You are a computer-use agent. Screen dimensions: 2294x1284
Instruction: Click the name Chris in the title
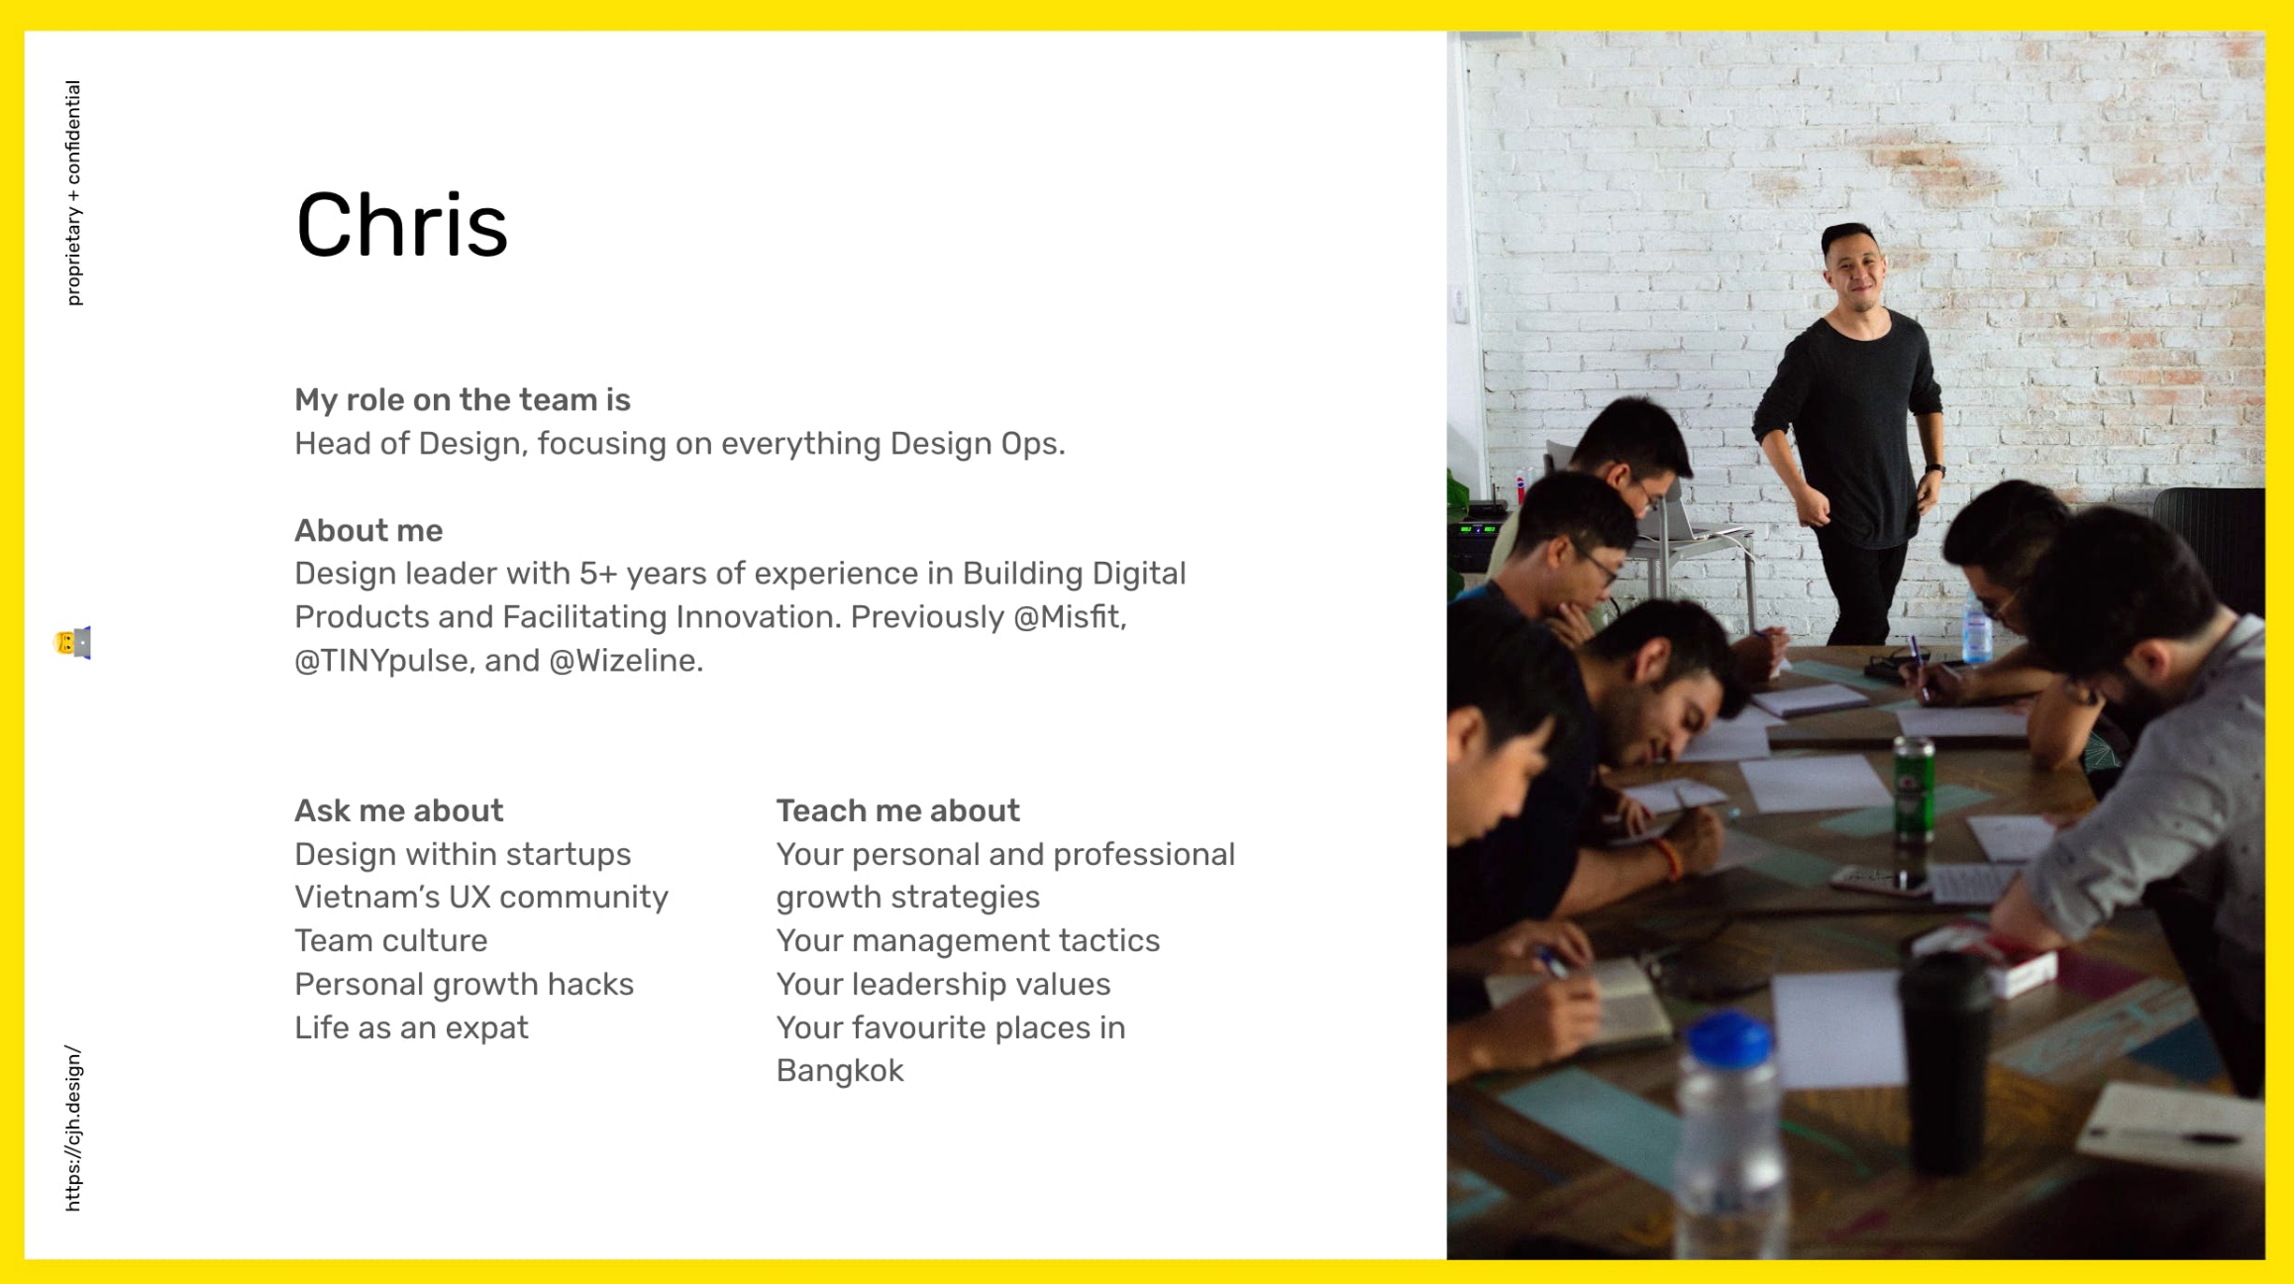pyautogui.click(x=402, y=225)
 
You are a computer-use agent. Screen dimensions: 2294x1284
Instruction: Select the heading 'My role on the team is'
pyautogui.click(x=463, y=399)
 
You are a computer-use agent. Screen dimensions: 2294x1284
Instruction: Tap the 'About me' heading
pyautogui.click(x=368, y=530)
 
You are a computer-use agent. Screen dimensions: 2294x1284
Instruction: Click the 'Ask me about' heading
pyautogui.click(x=399, y=810)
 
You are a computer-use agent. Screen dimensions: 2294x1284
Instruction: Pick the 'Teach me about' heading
pyautogui.click(x=897, y=810)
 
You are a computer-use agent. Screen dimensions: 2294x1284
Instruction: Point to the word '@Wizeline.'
pyautogui.click(x=626, y=660)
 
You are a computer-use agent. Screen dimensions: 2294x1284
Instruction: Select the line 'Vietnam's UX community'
pyautogui.click(x=481, y=897)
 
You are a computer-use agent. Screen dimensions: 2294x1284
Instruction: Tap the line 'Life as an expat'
pyautogui.click(x=411, y=1027)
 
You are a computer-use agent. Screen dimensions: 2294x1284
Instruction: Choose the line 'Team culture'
pyautogui.click(x=391, y=940)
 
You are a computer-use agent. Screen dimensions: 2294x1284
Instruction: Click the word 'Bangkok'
pyautogui.click(x=840, y=1071)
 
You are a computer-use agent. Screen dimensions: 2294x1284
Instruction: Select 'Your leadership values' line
pyautogui.click(x=943, y=984)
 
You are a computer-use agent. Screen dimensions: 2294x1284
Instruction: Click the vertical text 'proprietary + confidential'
pyautogui.click(x=73, y=193)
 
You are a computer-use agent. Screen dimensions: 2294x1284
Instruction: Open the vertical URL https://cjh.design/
pyautogui.click(x=73, y=1128)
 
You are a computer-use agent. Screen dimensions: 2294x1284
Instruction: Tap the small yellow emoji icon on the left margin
pyautogui.click(x=72, y=643)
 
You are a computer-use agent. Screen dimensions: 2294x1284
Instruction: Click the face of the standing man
pyautogui.click(x=1855, y=270)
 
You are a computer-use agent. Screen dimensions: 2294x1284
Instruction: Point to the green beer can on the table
pyautogui.click(x=1914, y=790)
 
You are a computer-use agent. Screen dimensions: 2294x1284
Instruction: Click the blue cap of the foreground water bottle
pyautogui.click(x=1728, y=1040)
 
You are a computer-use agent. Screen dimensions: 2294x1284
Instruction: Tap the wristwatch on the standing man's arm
pyautogui.click(x=1934, y=471)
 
